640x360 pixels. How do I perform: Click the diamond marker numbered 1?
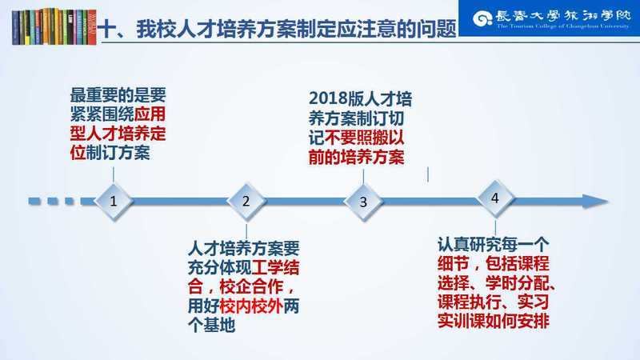point(114,201)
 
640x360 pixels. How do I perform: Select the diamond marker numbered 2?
point(246,201)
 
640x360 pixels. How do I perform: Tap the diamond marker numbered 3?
point(363,202)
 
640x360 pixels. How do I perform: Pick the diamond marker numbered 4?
point(495,198)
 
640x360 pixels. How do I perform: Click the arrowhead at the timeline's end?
point(595,202)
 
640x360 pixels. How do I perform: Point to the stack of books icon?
point(54,26)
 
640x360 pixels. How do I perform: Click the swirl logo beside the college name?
point(482,18)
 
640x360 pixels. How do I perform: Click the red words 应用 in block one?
point(150,114)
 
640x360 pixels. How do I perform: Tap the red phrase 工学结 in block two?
point(275,268)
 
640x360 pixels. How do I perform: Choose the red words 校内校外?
point(251,306)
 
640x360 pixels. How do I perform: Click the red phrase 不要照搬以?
point(364,138)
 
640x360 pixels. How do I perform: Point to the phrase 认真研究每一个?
point(494,245)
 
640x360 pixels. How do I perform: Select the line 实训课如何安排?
point(494,321)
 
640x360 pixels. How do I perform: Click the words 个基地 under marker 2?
point(211,326)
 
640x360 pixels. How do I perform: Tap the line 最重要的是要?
point(118,95)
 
